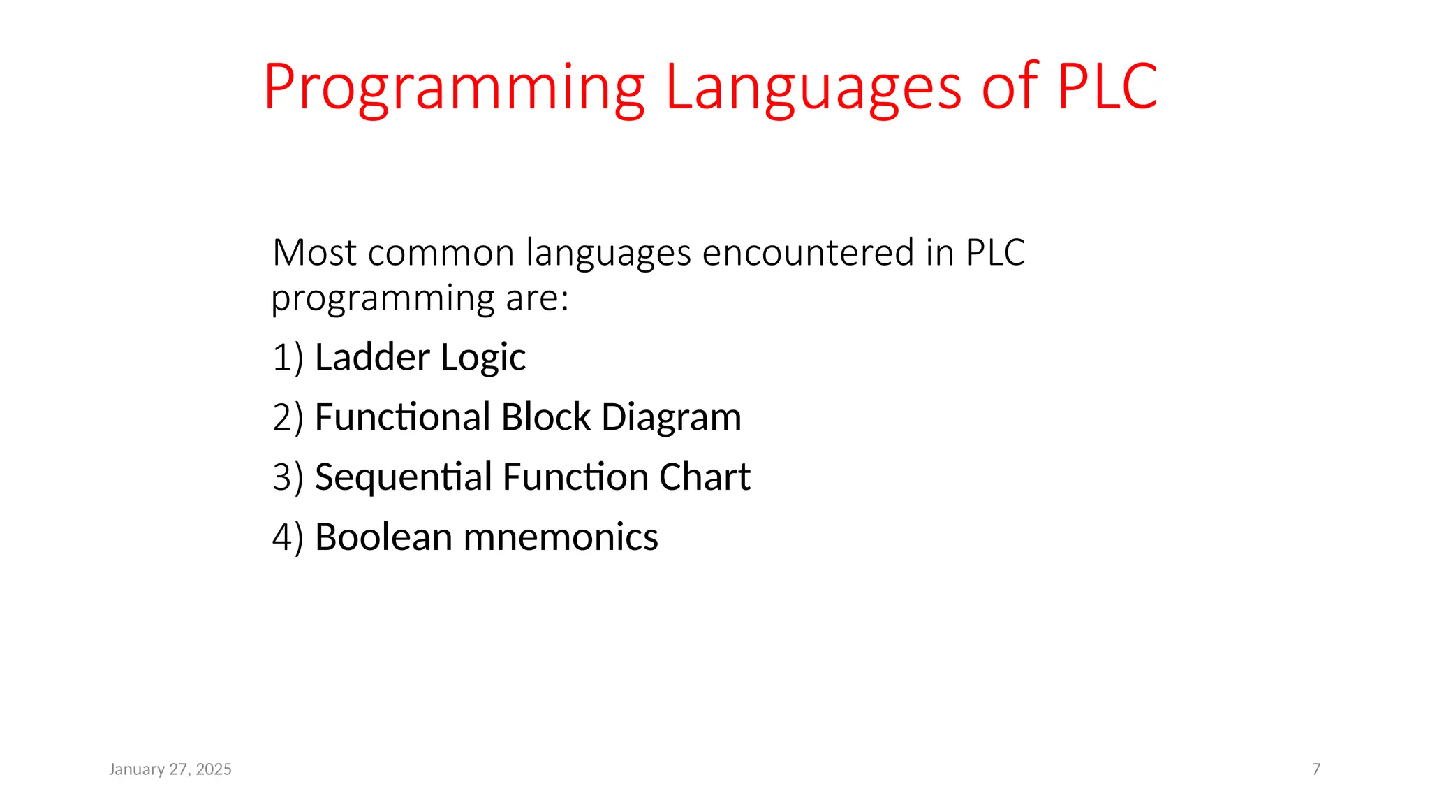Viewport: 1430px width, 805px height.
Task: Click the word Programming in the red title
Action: tap(454, 89)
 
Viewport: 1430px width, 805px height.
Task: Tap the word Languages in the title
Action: tap(813, 89)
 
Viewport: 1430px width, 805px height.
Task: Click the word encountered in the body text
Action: tap(808, 252)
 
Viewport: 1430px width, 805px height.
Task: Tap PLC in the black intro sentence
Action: tap(996, 252)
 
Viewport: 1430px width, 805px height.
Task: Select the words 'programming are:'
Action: tap(420, 299)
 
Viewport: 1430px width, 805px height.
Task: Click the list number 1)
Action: tap(288, 358)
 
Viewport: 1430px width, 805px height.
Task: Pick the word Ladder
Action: tap(372, 357)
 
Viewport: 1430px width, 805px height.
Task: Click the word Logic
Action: tap(482, 358)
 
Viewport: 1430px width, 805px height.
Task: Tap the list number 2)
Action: tap(288, 418)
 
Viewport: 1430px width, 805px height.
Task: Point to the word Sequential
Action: tap(404, 478)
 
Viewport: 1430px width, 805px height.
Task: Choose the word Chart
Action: tap(705, 477)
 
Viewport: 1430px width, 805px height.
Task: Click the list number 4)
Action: tap(288, 538)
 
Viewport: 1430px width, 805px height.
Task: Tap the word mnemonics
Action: tap(561, 537)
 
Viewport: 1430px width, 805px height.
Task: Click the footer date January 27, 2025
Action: tap(170, 769)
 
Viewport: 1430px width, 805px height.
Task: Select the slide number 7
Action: tap(1316, 769)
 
